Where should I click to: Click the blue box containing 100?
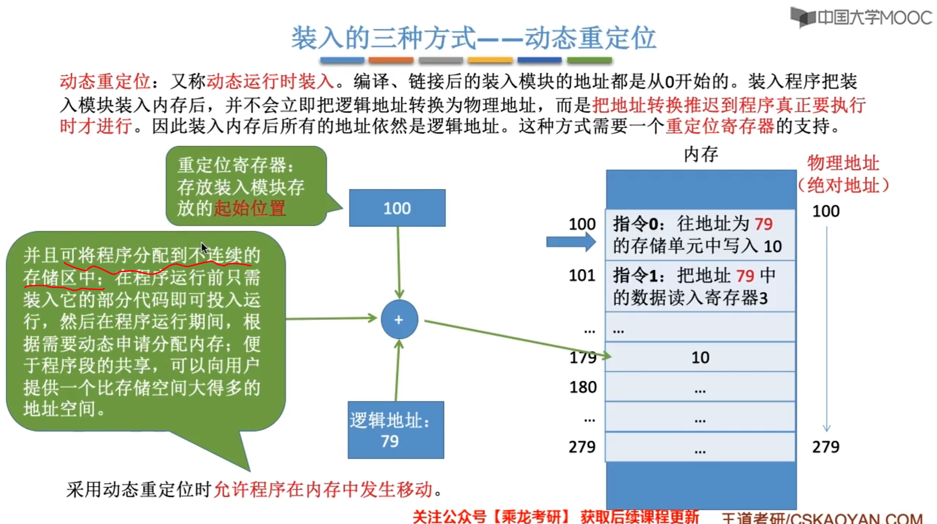397,208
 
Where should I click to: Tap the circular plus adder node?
399,320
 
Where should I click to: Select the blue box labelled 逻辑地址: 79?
395,430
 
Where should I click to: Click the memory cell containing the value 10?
700,357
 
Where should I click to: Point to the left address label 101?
582,275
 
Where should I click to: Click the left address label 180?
583,387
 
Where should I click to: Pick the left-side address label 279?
582,447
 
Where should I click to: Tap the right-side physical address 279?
826,447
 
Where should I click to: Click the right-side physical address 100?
826,211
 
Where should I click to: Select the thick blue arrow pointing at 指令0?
570,242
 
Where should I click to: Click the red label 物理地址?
843,163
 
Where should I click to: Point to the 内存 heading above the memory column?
701,154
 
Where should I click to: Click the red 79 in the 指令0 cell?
763,224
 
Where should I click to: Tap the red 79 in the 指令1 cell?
745,276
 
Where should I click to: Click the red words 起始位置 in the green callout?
250,209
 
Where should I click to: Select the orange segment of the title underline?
391,61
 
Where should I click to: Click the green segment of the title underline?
589,61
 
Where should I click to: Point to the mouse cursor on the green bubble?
204,248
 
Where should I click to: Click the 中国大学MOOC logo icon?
802,17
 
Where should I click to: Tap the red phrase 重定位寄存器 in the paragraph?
720,126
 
